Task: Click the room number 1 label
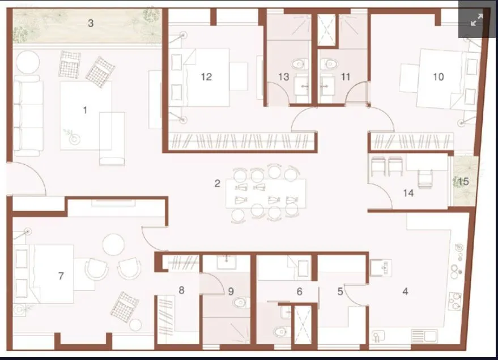click(x=85, y=110)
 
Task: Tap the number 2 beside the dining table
click(x=217, y=183)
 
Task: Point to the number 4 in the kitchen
click(x=405, y=292)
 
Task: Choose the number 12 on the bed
click(x=206, y=76)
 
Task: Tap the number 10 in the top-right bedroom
click(x=438, y=76)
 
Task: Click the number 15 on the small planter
click(x=463, y=182)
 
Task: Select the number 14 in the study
click(x=408, y=193)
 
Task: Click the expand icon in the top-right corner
click(x=476, y=20)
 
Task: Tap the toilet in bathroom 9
click(x=240, y=303)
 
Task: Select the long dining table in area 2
click(x=265, y=193)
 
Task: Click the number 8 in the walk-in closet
click(x=181, y=290)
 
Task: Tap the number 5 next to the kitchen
click(x=340, y=292)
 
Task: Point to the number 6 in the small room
click(x=300, y=292)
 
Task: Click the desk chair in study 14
click(x=424, y=178)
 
